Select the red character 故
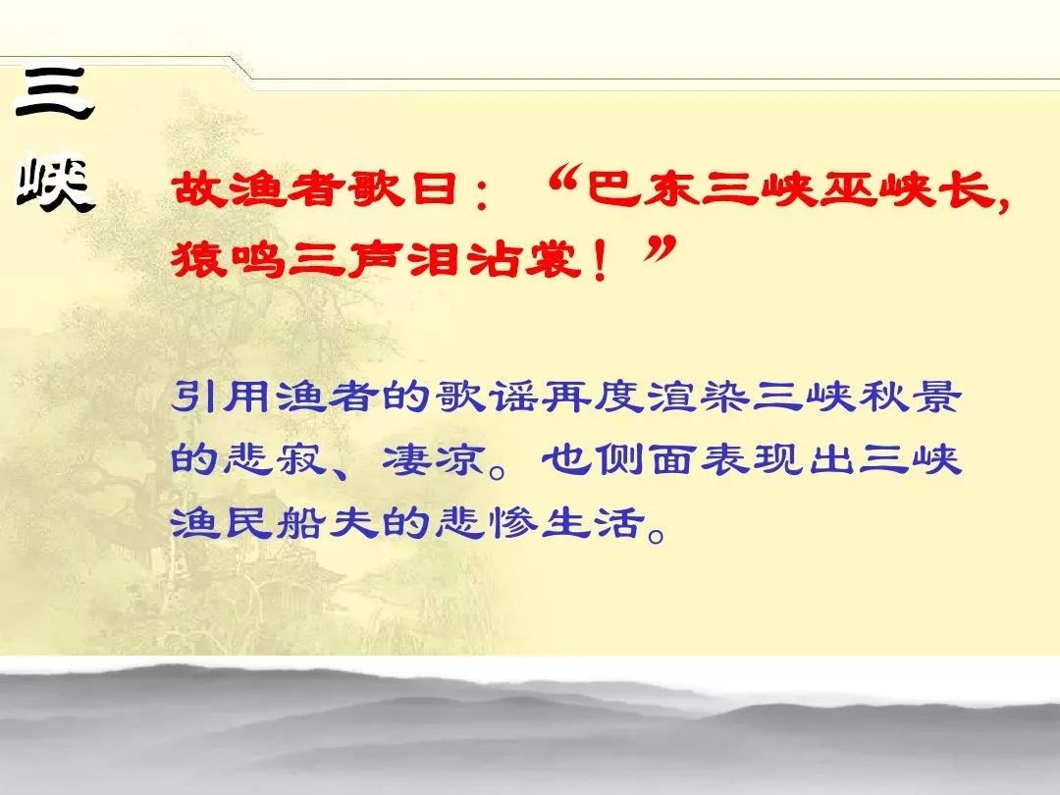198,187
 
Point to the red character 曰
435,187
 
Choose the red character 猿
198,259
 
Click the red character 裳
555,259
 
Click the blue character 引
195,396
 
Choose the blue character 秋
884,396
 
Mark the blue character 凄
407,459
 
